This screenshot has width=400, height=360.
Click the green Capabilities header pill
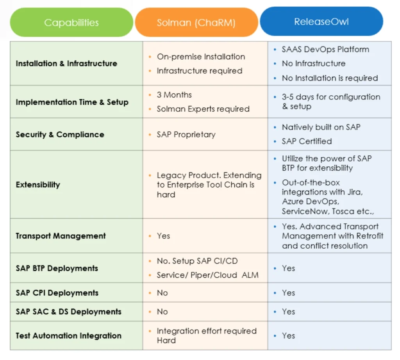(x=71, y=22)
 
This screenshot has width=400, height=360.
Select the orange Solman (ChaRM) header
(x=196, y=22)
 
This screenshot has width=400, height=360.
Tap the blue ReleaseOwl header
(x=321, y=21)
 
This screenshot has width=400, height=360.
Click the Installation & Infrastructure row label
(x=66, y=63)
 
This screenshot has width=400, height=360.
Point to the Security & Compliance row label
(x=60, y=134)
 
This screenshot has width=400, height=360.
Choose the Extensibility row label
(x=38, y=185)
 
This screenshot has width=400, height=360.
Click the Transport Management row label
(x=61, y=236)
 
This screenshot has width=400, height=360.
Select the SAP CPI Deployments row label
(x=57, y=293)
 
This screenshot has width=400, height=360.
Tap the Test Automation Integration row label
(x=68, y=335)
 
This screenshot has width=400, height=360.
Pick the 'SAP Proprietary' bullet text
(x=186, y=134)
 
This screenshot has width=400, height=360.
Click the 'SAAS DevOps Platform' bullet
(x=325, y=49)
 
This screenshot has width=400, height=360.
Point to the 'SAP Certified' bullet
(x=307, y=141)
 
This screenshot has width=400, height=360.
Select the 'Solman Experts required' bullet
(x=203, y=109)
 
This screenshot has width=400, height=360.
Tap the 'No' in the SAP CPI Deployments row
(x=162, y=293)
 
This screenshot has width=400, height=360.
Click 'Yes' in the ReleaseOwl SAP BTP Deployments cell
(x=288, y=268)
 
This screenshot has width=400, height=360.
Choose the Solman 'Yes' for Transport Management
(x=163, y=236)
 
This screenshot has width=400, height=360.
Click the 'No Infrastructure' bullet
(x=314, y=63)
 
